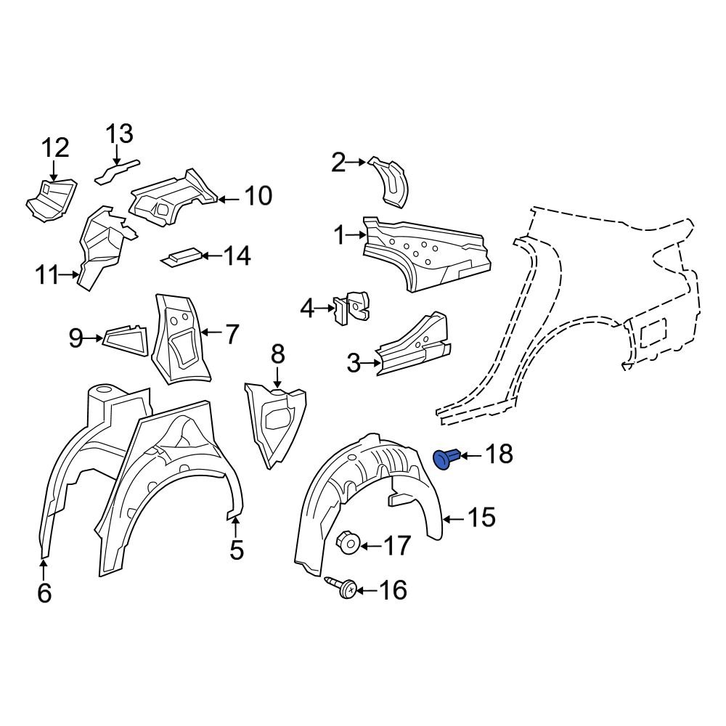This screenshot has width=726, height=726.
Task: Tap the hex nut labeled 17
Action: (x=347, y=543)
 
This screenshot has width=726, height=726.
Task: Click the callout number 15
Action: (x=481, y=518)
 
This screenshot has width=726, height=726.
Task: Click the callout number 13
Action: (x=120, y=134)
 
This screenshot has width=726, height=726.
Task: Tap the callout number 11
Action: (x=46, y=275)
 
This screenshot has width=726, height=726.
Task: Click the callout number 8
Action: (x=277, y=354)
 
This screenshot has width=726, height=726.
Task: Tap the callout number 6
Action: (x=44, y=593)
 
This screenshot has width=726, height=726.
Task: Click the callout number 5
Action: (x=237, y=550)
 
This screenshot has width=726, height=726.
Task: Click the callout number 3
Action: (x=354, y=362)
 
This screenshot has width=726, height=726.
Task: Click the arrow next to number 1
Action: (x=357, y=234)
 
